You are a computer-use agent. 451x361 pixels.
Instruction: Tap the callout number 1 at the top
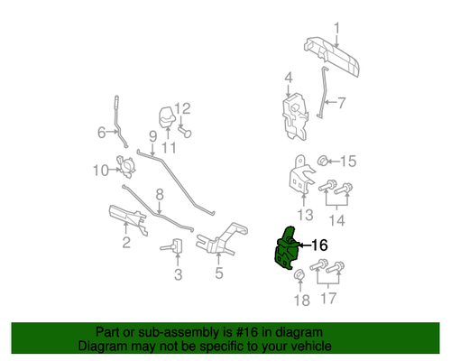tap(336, 28)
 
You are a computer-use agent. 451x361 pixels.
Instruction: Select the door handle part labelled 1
tap(332, 56)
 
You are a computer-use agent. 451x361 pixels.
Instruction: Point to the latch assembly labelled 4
tap(295, 116)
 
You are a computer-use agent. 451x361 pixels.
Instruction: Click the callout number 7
tap(342, 103)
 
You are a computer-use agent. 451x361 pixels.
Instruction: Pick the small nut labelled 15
tap(322, 161)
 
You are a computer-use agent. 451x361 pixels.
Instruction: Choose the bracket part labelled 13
tap(301, 174)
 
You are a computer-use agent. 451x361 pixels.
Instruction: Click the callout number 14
tap(337, 220)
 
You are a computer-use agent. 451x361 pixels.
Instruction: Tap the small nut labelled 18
tap(299, 274)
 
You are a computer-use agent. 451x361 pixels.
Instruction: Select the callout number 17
tap(328, 298)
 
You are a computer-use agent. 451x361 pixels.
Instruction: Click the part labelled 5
tap(222, 239)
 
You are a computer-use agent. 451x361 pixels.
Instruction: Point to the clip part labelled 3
tap(171, 246)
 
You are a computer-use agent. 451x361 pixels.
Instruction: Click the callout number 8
tap(160, 195)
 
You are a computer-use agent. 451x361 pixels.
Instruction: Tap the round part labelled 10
tap(126, 166)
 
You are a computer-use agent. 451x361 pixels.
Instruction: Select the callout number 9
tap(153, 136)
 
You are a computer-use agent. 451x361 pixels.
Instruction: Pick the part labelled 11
tap(168, 117)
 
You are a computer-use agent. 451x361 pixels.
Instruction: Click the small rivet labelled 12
tap(185, 132)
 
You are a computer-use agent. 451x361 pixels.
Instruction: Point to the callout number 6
tap(102, 133)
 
